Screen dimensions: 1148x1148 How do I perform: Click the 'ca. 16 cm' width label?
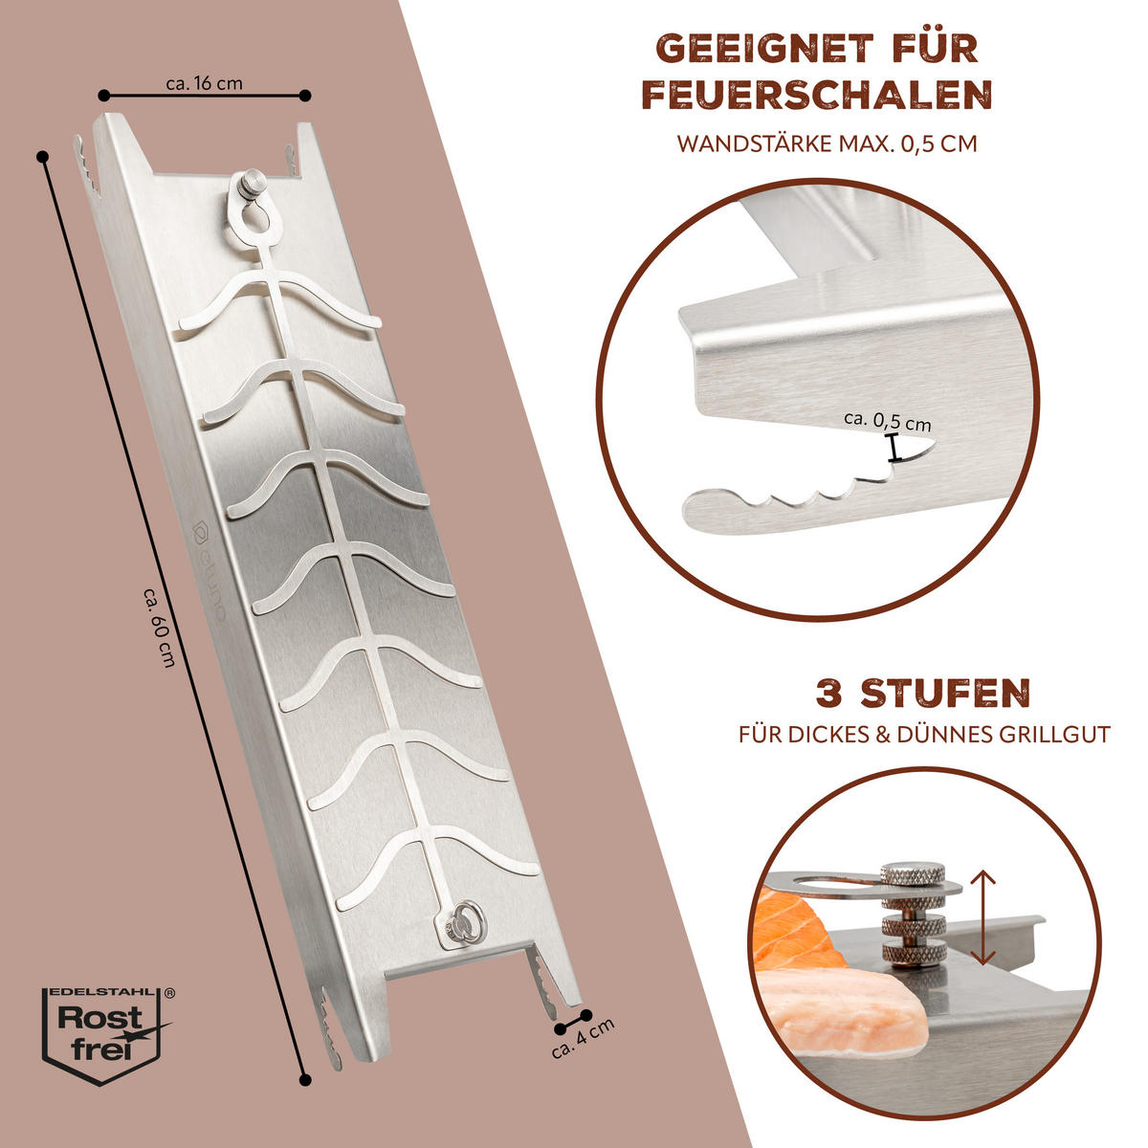point(205,83)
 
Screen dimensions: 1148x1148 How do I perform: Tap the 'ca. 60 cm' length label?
point(161,628)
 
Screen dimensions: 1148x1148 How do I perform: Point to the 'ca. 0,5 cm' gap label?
point(887,421)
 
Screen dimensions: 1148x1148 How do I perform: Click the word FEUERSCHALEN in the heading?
point(816,94)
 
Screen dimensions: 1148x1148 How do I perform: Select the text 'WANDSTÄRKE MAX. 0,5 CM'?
point(827,144)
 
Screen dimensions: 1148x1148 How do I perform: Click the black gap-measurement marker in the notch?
point(893,448)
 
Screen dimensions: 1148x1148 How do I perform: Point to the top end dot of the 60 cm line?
point(42,156)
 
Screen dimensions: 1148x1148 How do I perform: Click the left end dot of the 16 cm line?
point(103,95)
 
